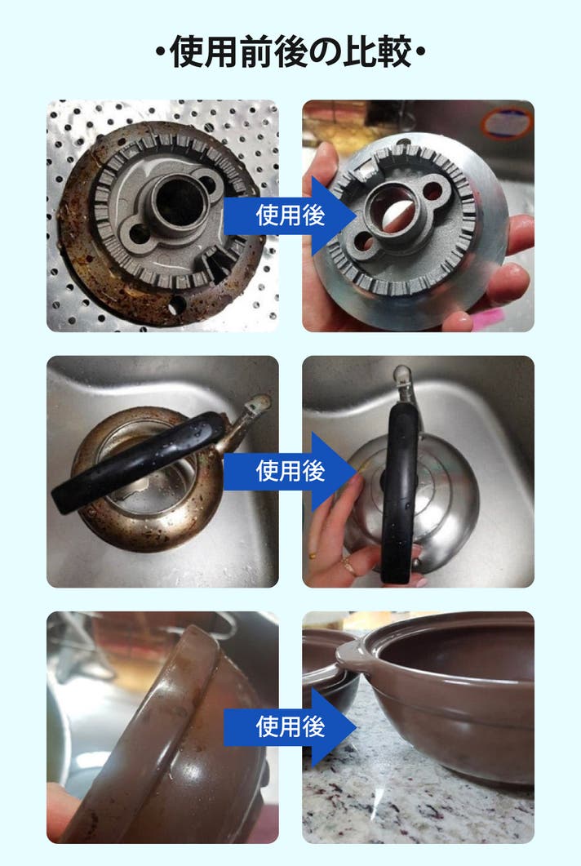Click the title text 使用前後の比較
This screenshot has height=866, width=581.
point(290,52)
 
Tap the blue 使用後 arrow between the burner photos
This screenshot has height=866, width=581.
point(290,215)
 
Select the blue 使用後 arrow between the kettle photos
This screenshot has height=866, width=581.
point(290,471)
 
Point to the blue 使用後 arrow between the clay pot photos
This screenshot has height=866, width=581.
point(290,726)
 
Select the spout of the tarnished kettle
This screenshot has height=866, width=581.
point(244,420)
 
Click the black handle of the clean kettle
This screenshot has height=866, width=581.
point(401,491)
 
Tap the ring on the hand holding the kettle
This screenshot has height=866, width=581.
point(348,564)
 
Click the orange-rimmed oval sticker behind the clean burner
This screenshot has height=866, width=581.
point(506,123)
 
